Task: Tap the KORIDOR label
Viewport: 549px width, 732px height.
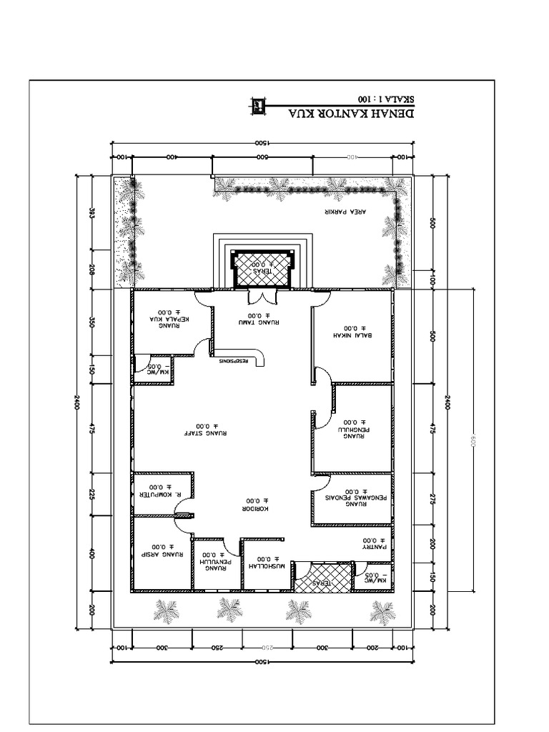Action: pos(255,505)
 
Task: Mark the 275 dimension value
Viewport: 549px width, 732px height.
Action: pos(432,499)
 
